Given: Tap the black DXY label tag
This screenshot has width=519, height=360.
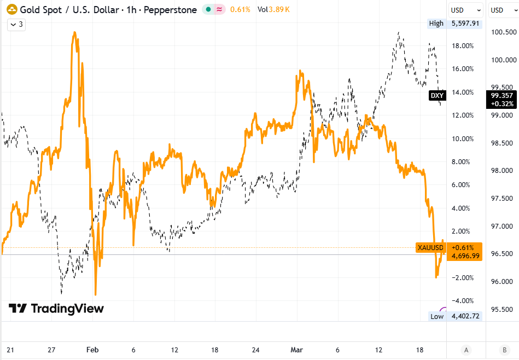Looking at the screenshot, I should [437, 96].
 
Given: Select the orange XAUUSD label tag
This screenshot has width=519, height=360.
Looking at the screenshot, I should [430, 248].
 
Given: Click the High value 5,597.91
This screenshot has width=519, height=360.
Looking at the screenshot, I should [465, 24].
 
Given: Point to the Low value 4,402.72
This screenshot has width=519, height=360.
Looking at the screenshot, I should [465, 316].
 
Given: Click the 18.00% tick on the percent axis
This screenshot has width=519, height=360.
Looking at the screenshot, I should [463, 46].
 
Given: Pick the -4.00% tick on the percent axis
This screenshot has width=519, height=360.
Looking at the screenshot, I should [463, 300].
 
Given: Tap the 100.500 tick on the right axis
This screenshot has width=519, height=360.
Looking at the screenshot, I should [503, 32].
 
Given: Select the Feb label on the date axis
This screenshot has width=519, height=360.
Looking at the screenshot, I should [93, 350].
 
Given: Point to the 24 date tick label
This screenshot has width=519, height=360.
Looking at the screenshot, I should [256, 350].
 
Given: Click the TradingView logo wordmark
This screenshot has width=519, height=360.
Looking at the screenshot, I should [56, 309].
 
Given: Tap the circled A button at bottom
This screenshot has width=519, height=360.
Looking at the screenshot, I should [466, 350].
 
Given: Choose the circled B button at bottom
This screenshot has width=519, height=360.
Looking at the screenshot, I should [503, 350].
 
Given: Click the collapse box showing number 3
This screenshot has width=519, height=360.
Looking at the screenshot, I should [16, 24].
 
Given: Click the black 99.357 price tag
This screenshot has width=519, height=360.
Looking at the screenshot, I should [501, 100].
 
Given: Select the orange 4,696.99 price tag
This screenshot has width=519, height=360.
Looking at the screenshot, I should [464, 256].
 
